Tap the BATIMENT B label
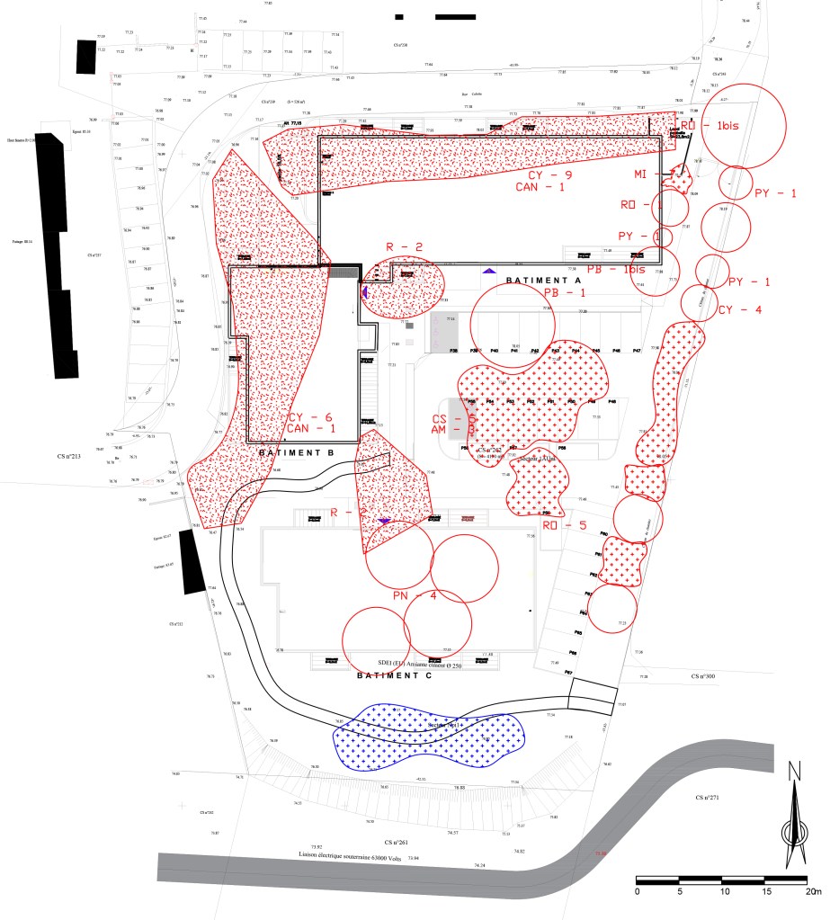pos(296,452)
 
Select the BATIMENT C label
pos(395,675)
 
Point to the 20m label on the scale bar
pos(813,891)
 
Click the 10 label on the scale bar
pos(725,891)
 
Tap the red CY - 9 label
pos(549,174)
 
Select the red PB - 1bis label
pos(616,269)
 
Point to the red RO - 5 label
pos(564,525)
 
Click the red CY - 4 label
pos(740,310)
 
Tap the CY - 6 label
pos(310,417)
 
